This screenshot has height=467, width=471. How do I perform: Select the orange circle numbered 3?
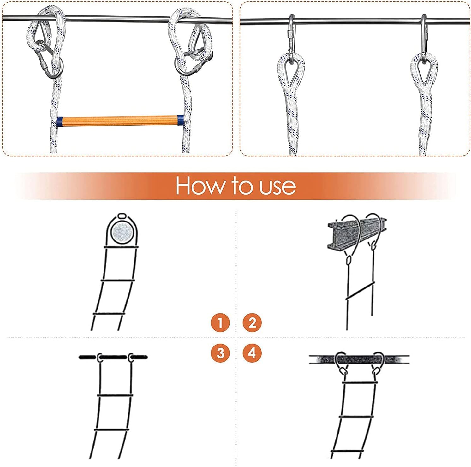(x=220, y=352)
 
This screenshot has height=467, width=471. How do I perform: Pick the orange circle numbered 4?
(x=252, y=352)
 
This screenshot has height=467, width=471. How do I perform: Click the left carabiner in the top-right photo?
(x=291, y=34)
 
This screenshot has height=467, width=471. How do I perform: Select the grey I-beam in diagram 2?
(x=357, y=230)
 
